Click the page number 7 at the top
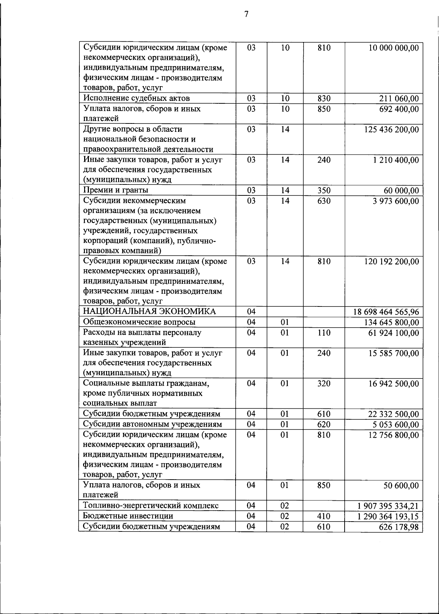(x=246, y=14)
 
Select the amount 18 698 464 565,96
(x=386, y=312)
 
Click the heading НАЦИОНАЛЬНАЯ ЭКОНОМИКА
(x=149, y=311)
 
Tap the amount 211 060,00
(x=399, y=99)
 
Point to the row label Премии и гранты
(x=116, y=190)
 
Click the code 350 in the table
(x=324, y=190)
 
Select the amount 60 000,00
(x=401, y=191)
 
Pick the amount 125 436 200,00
(x=391, y=130)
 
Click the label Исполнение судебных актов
(x=136, y=98)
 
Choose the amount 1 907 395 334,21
(x=388, y=506)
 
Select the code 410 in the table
(x=324, y=516)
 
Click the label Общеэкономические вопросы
(x=139, y=322)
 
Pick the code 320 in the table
(x=324, y=384)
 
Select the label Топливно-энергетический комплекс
(x=151, y=506)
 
